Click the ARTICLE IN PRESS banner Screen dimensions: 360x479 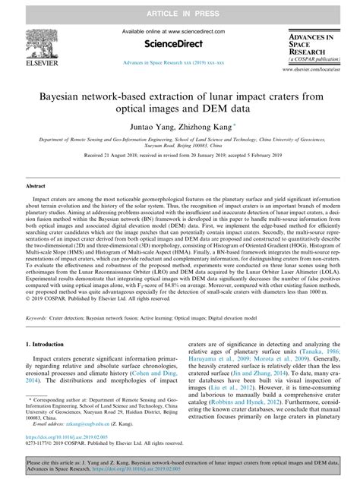point(180,8)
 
